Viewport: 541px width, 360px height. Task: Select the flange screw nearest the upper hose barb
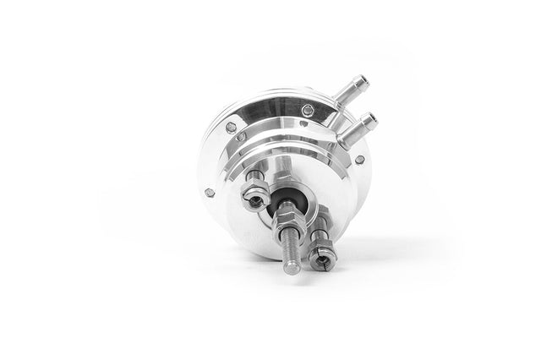point(308,110)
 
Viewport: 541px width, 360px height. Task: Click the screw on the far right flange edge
point(359,159)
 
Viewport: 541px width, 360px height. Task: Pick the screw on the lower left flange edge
point(210,193)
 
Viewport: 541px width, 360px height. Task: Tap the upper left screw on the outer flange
point(232,128)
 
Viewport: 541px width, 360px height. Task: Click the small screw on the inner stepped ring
point(242,136)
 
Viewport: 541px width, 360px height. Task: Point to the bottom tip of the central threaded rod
point(291,270)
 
